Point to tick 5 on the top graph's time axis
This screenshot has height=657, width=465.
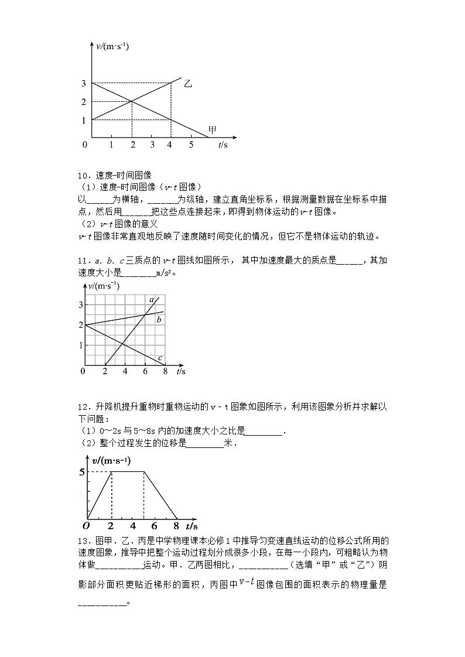pyautogui.click(x=190, y=145)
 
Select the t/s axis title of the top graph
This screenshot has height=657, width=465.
pyautogui.click(x=223, y=145)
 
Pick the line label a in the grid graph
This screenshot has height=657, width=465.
pyautogui.click(x=151, y=300)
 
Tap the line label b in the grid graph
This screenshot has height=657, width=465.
pyautogui.click(x=159, y=320)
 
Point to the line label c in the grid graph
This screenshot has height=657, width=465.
pyautogui.click(x=160, y=358)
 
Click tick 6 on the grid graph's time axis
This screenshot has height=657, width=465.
pyautogui.click(x=145, y=371)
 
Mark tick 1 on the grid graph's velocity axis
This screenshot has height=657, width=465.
pyautogui.click(x=81, y=345)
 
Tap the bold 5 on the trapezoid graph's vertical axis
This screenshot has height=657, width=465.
pyautogui.click(x=82, y=472)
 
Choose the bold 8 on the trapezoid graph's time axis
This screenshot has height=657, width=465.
pyautogui.click(x=177, y=525)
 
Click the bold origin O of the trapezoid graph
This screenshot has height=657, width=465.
pyautogui.click(x=85, y=525)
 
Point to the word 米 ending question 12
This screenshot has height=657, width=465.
pyautogui.click(x=228, y=444)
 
